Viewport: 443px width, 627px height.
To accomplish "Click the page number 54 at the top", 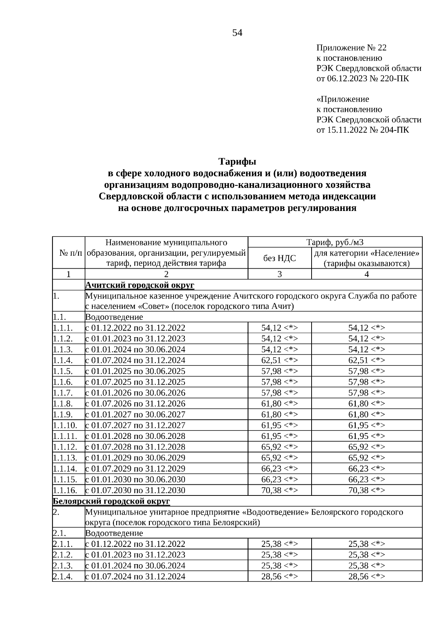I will click(237, 33).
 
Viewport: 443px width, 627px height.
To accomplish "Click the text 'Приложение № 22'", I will click(351, 48).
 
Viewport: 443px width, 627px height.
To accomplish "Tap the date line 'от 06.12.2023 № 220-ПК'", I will click(363, 79).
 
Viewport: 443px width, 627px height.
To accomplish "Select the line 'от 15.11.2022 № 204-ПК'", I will click(363, 130).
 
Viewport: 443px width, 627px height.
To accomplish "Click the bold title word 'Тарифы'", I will click(237, 162).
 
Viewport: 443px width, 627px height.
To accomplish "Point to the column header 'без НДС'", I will click(279, 258).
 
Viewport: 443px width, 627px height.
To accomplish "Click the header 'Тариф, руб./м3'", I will click(335, 242).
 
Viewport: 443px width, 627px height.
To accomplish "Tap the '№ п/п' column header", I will click(69, 253).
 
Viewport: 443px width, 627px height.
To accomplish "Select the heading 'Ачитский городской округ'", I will click(140, 285).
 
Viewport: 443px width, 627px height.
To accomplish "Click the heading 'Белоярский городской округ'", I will click(111, 501).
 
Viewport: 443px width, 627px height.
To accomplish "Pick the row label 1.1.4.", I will click(63, 360).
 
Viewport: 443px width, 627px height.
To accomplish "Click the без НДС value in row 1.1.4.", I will click(279, 360).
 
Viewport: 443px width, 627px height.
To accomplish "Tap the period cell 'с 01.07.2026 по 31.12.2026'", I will click(135, 403).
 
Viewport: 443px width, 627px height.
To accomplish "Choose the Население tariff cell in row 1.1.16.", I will click(367, 490).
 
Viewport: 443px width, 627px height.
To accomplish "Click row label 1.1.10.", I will click(65, 425).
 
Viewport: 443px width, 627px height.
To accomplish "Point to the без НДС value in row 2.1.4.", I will click(279, 577).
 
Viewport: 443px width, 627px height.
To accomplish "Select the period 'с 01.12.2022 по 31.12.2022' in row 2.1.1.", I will click(135, 544).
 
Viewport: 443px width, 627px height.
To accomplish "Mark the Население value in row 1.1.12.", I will click(367, 447).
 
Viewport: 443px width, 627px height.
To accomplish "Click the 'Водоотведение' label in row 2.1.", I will click(114, 533).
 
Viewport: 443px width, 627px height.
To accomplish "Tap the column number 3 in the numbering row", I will click(279, 274).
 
